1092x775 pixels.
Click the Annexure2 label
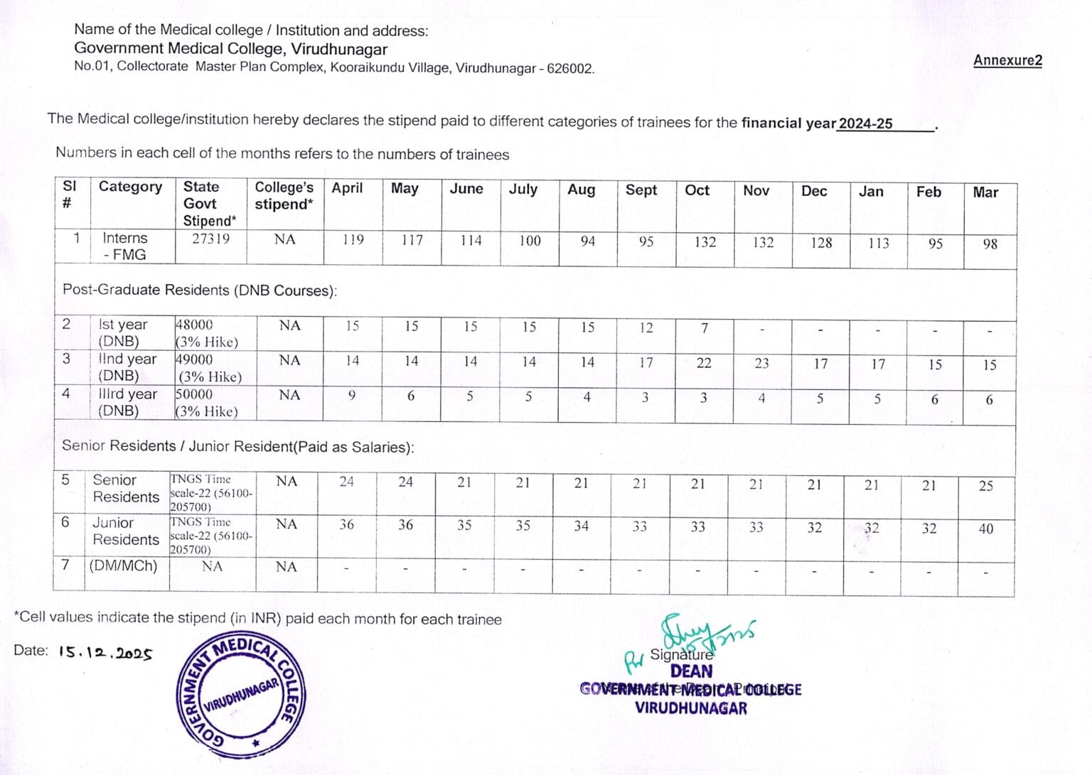(1007, 60)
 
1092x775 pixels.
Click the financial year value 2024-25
(865, 124)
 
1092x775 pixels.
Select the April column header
(347, 188)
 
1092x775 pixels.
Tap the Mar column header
(985, 193)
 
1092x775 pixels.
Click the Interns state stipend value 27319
(211, 239)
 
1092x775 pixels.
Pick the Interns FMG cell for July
(530, 241)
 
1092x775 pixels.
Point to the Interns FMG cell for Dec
(821, 243)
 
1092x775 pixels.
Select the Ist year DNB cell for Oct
(704, 328)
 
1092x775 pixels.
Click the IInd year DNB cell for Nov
(761, 364)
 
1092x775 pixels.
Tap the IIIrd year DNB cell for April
(351, 396)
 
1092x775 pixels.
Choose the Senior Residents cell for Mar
(985, 486)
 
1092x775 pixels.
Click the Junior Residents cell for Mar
(985, 529)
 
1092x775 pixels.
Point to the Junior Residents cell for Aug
(582, 526)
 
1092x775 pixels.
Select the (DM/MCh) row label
(123, 566)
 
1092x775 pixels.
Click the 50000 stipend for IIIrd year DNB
(194, 394)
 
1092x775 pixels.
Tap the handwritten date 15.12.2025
(105, 652)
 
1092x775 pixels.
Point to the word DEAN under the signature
(691, 671)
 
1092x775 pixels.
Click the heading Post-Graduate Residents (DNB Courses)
(199, 290)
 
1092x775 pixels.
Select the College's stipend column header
(284, 196)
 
